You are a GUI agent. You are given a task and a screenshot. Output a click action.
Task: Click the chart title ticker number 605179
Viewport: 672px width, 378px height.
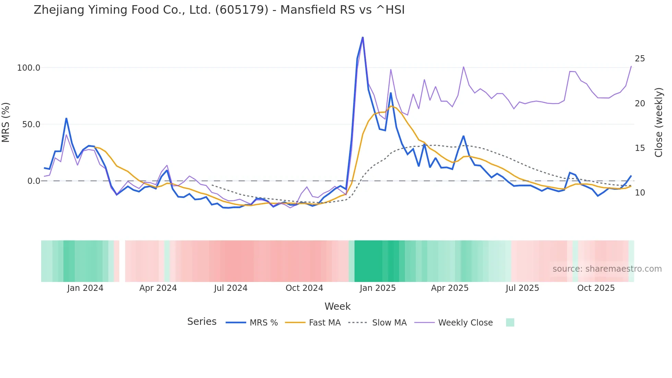pyautogui.click(x=242, y=10)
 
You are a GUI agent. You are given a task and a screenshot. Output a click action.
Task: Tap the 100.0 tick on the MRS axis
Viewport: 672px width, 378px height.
pyautogui.click(x=28, y=68)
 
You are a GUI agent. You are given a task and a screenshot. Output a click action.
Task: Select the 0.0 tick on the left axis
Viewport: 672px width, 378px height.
pyautogui.click(x=34, y=181)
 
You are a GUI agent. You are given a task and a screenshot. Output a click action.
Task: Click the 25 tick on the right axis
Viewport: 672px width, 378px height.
pyautogui.click(x=640, y=59)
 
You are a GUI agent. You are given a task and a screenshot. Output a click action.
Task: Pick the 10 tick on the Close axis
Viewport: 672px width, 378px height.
pyautogui.click(x=640, y=193)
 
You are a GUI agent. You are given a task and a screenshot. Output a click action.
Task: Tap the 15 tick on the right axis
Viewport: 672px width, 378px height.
pyautogui.click(x=640, y=148)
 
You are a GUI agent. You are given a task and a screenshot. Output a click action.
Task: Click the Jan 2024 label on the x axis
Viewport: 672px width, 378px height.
pyautogui.click(x=85, y=288)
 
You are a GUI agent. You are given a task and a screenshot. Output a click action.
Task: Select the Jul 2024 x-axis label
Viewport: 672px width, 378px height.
pyautogui.click(x=231, y=288)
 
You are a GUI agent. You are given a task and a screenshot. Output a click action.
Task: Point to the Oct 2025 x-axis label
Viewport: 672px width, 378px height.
pyautogui.click(x=596, y=288)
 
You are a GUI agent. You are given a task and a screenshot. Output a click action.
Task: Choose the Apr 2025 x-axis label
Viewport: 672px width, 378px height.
pyautogui.click(x=449, y=288)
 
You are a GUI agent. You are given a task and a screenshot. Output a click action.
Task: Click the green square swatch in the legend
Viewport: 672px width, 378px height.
pyautogui.click(x=510, y=322)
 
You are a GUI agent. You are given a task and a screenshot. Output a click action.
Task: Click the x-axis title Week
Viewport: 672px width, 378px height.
pyautogui.click(x=337, y=306)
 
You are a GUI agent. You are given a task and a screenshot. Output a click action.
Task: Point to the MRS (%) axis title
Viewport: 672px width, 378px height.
pyautogui.click(x=6, y=122)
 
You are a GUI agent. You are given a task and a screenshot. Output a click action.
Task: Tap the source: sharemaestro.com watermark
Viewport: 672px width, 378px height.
pyautogui.click(x=607, y=269)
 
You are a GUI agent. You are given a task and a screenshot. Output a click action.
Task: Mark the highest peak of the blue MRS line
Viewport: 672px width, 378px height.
pyautogui.click(x=363, y=37)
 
